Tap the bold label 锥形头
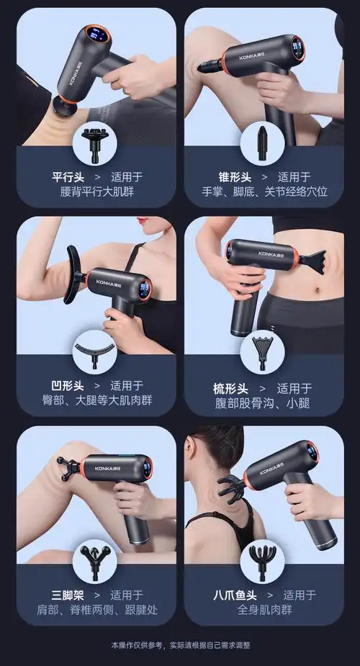235,176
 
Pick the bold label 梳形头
230,388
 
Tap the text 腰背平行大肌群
97,192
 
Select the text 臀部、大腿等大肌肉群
97,400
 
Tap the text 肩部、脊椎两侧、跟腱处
97,611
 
